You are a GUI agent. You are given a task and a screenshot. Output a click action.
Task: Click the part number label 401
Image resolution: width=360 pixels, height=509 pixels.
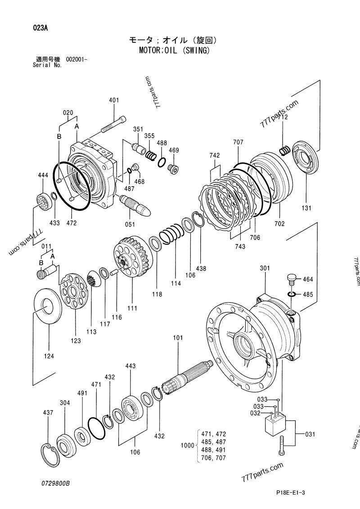(x=114, y=100)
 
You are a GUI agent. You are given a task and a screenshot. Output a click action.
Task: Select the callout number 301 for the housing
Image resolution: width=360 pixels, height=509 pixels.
(x=265, y=268)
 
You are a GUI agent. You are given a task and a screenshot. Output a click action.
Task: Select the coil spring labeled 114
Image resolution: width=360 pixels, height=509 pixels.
(x=171, y=236)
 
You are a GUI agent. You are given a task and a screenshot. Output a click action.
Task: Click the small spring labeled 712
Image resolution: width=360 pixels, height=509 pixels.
(x=284, y=150)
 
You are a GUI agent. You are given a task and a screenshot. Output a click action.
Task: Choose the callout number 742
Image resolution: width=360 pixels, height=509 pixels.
(x=215, y=156)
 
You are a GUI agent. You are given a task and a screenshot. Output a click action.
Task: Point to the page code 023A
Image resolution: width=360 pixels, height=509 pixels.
(x=40, y=27)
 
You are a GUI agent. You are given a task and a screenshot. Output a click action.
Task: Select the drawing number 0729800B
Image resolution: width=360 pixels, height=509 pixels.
(x=54, y=483)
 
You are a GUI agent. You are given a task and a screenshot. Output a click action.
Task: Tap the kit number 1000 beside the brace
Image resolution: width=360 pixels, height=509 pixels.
(x=186, y=446)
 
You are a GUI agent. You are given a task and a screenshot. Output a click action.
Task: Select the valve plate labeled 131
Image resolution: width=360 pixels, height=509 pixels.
(x=306, y=161)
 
